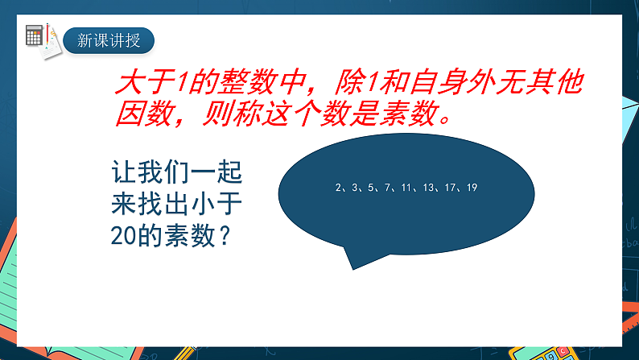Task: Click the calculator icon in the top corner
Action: coord(35,35)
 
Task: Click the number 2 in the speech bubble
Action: coord(339,188)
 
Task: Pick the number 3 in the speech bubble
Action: coord(355,188)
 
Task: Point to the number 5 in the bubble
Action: coord(372,188)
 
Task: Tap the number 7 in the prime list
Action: coord(388,188)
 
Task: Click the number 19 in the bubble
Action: coord(472,188)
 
